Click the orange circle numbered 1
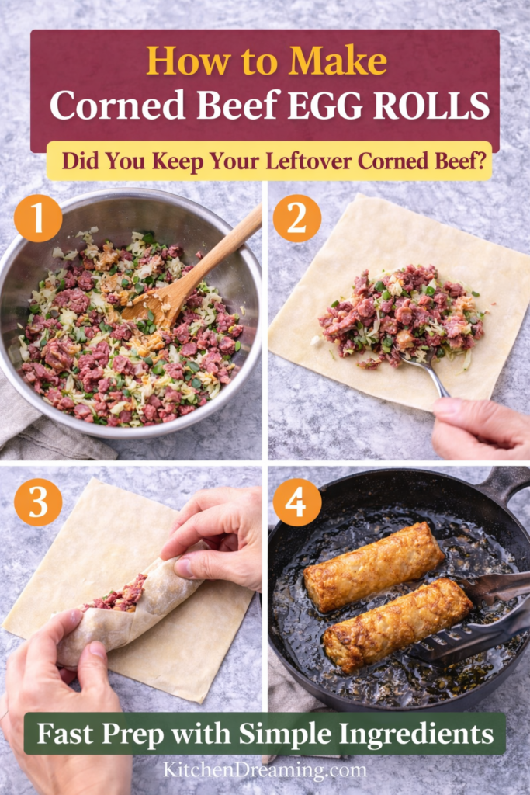click(x=38, y=218)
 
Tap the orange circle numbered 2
click(x=296, y=218)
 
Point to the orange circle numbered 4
click(x=296, y=502)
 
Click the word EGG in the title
click(x=320, y=106)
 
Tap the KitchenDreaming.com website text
click(x=265, y=770)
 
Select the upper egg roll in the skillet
click(x=373, y=566)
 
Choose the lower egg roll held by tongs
click(x=396, y=626)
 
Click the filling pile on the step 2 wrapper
click(x=400, y=314)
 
